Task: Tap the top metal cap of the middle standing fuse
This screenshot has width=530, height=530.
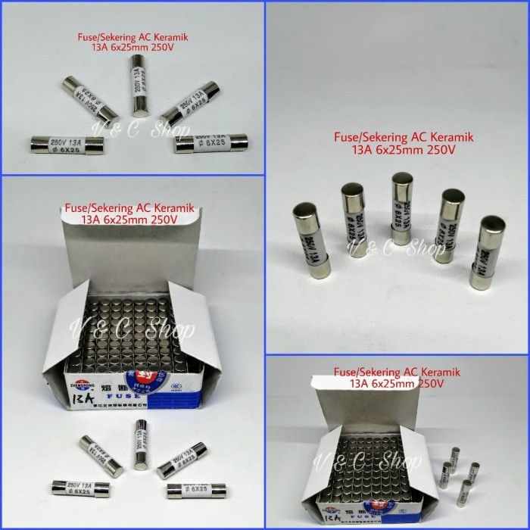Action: click(x=401, y=182)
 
